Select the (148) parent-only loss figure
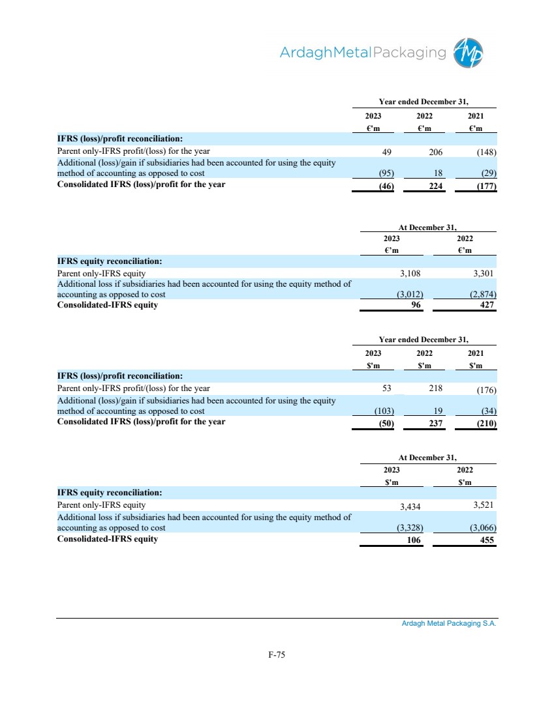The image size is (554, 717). click(x=485, y=153)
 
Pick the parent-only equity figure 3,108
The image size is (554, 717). click(x=412, y=274)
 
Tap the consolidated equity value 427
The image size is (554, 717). click(x=487, y=304)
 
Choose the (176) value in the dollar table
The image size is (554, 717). click(x=485, y=391)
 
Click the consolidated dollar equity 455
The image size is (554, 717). click(x=487, y=540)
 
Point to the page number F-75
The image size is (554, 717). click(x=277, y=656)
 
